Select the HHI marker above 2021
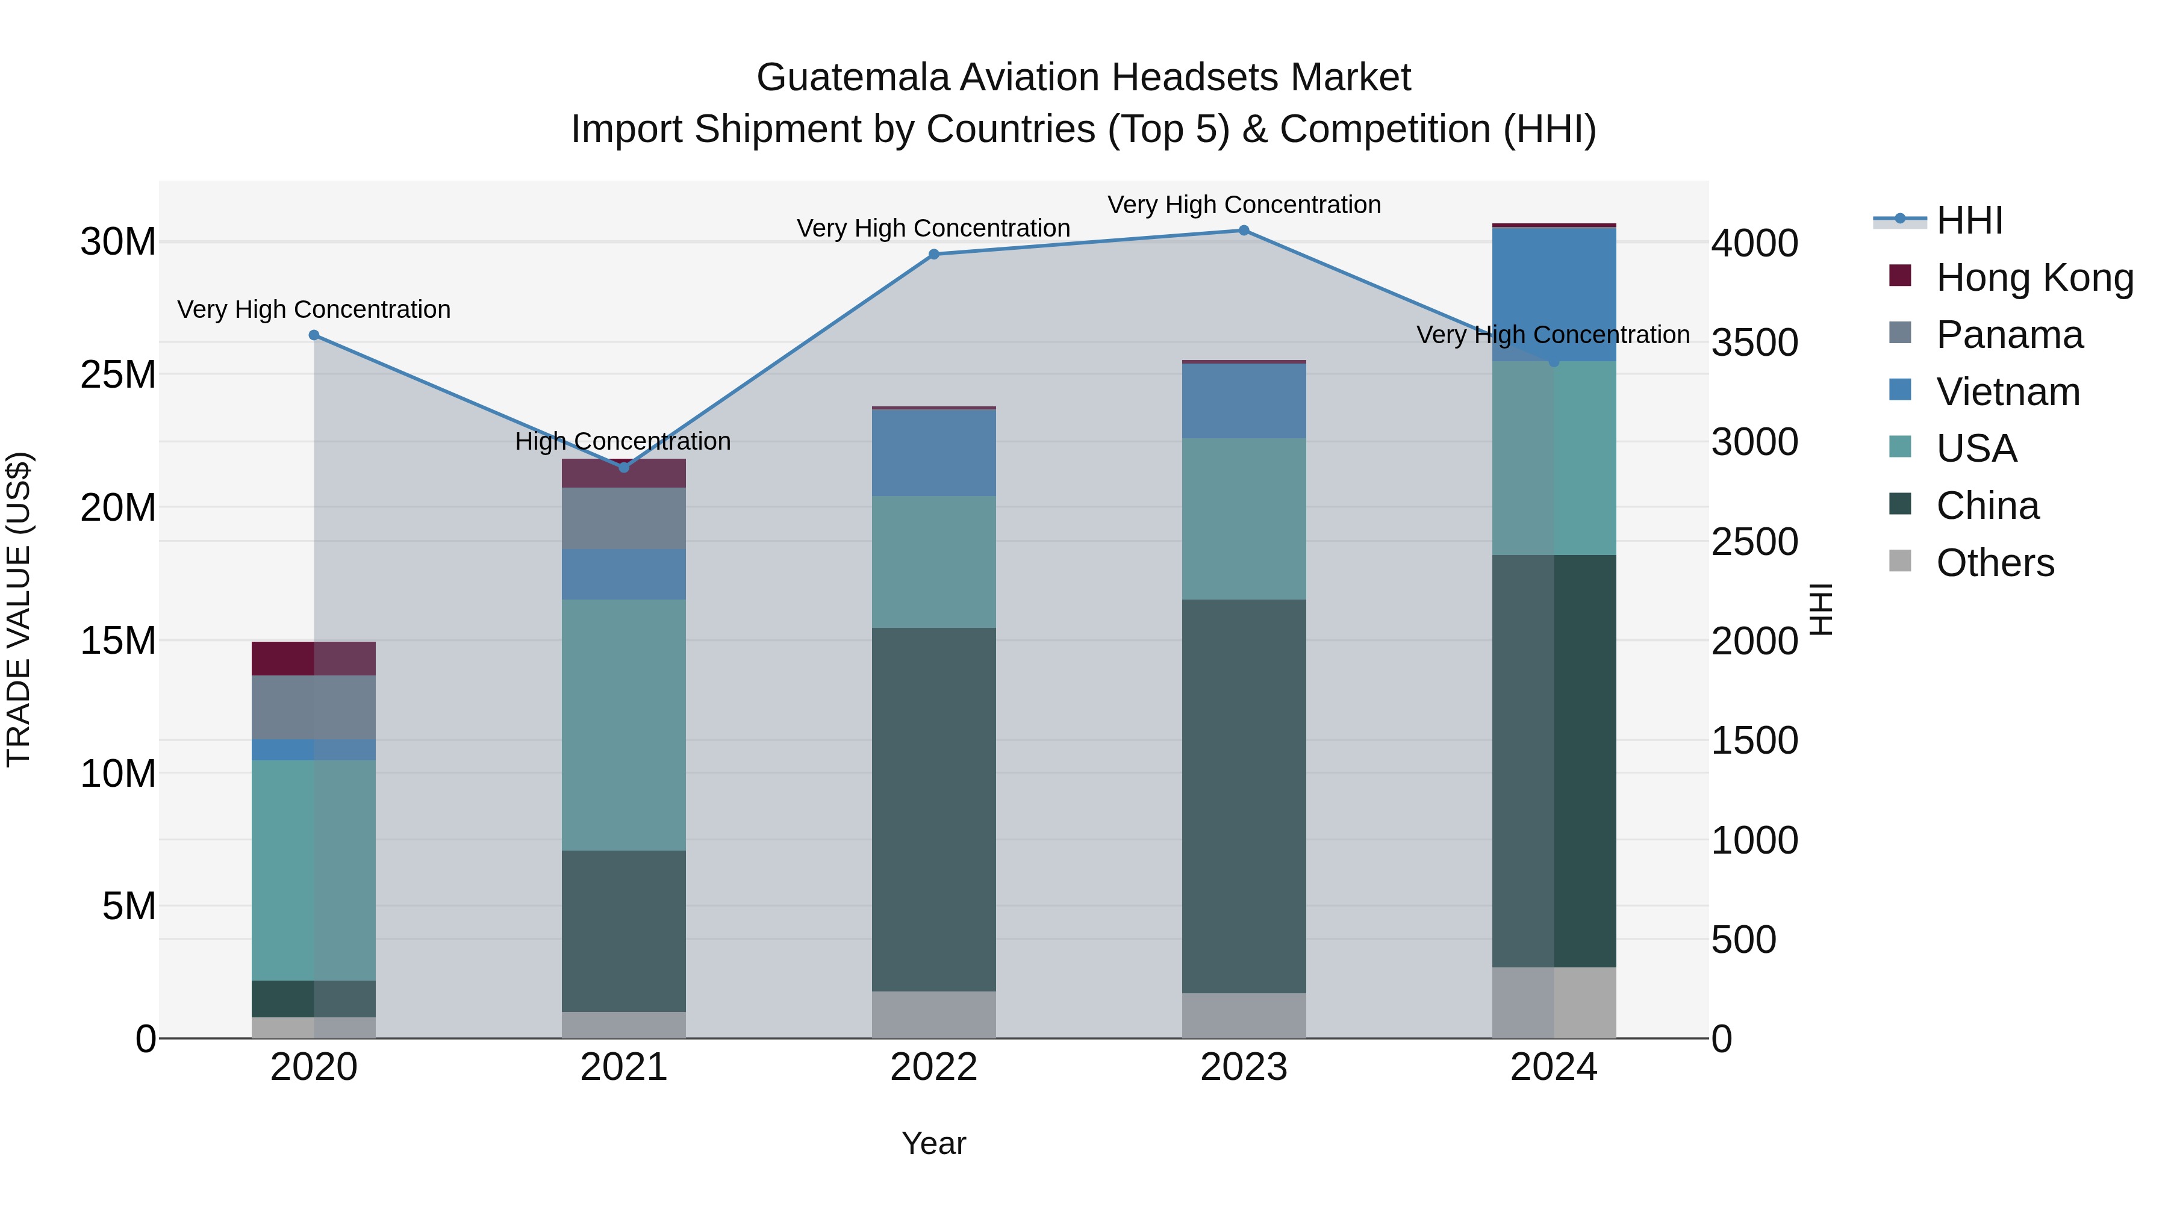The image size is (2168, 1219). (x=624, y=468)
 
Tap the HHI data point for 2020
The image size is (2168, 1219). (x=314, y=335)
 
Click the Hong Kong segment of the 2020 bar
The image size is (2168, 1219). (x=314, y=658)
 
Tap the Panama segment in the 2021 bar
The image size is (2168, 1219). (x=624, y=518)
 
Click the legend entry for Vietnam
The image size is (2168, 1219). (x=2007, y=392)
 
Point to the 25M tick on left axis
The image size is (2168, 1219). (x=118, y=374)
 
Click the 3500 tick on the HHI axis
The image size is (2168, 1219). (x=1755, y=343)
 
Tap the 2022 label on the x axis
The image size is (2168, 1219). (x=933, y=1067)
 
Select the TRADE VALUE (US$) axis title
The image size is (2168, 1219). (x=19, y=609)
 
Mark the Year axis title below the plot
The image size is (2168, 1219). (x=933, y=1143)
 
